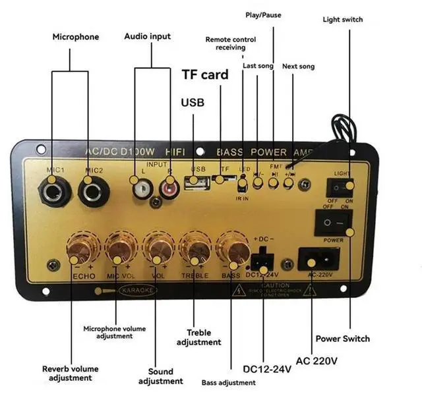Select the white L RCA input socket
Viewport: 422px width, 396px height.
pyautogui.click(x=140, y=192)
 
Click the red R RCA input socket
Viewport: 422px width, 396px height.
pyautogui.click(x=169, y=190)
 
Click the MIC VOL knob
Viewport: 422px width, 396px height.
pyautogui.click(x=121, y=250)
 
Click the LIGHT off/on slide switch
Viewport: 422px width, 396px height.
pyautogui.click(x=340, y=186)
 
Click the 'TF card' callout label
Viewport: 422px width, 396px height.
pyautogui.click(x=205, y=74)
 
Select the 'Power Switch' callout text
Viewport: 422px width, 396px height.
pyautogui.click(x=342, y=339)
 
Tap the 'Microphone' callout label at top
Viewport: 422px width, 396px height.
pyautogui.click(x=76, y=37)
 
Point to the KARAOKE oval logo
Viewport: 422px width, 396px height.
pyautogui.click(x=133, y=291)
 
